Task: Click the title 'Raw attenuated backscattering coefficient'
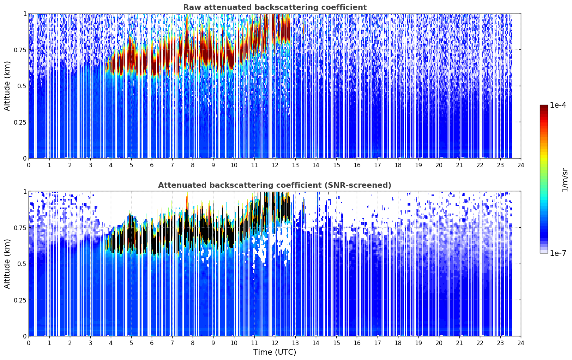(275, 7)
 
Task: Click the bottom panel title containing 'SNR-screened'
(275, 185)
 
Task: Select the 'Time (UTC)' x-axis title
(275, 352)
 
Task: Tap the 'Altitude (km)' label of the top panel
(7, 86)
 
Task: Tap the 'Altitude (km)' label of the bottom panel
(7, 264)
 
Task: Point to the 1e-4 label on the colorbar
(558, 105)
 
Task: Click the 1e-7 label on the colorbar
(558, 253)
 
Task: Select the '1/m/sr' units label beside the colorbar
(565, 180)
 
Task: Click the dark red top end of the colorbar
(544, 107)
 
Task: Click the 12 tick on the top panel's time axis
(275, 165)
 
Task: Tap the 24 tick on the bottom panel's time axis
(521, 343)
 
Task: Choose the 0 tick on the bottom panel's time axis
(29, 343)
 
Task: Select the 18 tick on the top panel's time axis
(398, 165)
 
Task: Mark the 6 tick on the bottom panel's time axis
(152, 343)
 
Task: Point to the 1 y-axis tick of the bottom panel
(25, 192)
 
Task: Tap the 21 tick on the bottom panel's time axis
(459, 343)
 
